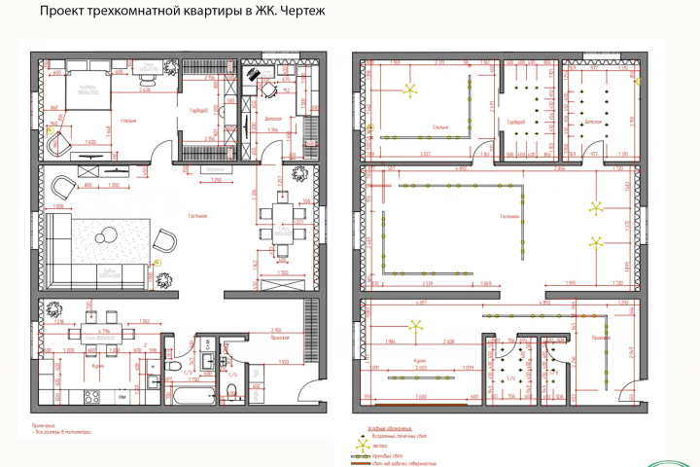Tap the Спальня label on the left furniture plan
(x=127, y=122)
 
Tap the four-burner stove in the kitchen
(x=94, y=397)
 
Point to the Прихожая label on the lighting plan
(x=601, y=338)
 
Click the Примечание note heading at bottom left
(x=45, y=425)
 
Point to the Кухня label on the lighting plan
(x=419, y=360)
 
